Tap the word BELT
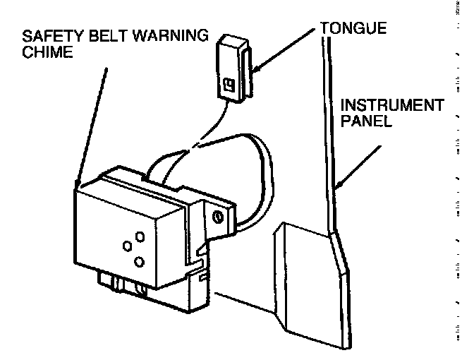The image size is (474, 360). pyautogui.click(x=95, y=36)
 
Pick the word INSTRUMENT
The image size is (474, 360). pyautogui.click(x=391, y=106)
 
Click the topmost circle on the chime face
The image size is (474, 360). pyautogui.click(x=139, y=235)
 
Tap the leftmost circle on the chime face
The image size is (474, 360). pyautogui.click(x=128, y=246)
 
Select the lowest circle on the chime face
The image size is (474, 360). pyautogui.click(x=139, y=262)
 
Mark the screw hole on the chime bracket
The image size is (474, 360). pyautogui.click(x=218, y=214)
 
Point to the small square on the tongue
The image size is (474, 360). pyautogui.click(x=227, y=88)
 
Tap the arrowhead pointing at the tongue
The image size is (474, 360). pyautogui.click(x=255, y=68)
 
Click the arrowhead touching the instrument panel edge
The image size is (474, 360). pyautogui.click(x=341, y=186)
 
